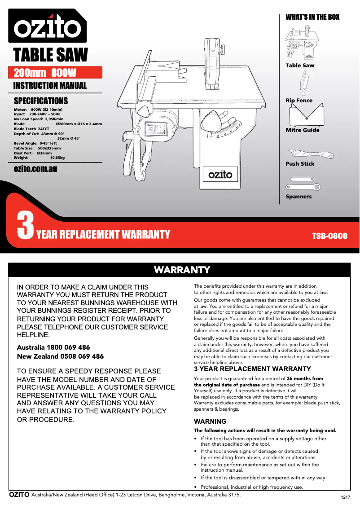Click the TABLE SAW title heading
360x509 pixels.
[51, 55]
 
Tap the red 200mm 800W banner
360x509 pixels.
[56, 73]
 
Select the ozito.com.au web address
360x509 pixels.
[35, 169]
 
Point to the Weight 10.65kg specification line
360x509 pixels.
[39, 158]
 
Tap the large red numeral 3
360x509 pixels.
[25, 226]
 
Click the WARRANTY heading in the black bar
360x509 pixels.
[182, 270]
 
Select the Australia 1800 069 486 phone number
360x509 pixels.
[53, 347]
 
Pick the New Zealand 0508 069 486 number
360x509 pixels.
[60, 356]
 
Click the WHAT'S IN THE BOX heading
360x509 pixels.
[312, 17]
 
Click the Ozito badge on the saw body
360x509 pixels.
[220, 173]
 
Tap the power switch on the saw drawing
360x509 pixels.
[155, 130]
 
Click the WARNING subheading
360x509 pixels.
[210, 421]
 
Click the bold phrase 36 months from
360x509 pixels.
[305, 378]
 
